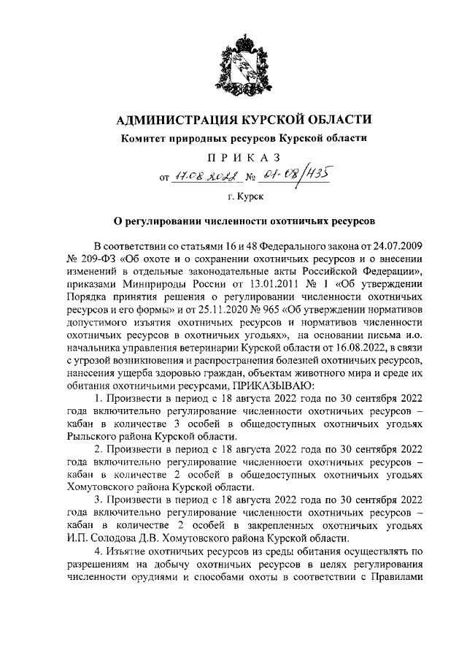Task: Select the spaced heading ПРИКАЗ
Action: pos(233,158)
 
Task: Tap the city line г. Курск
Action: pos(233,196)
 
